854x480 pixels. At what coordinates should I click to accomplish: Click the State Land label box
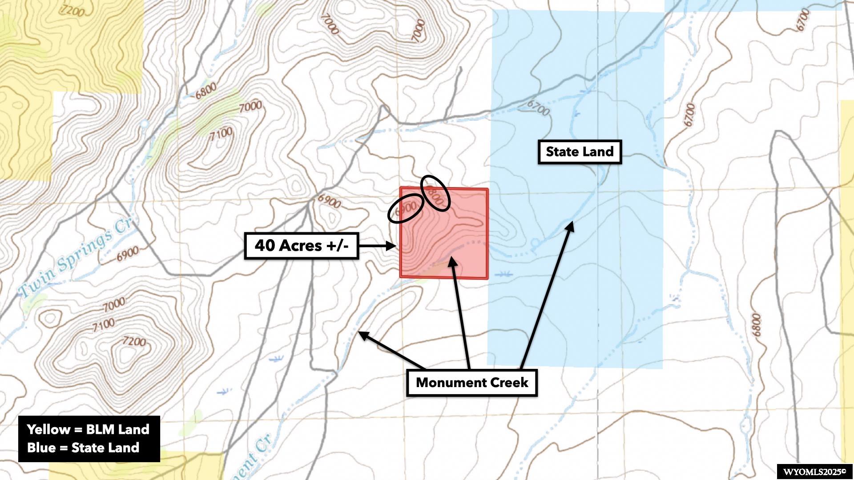click(580, 152)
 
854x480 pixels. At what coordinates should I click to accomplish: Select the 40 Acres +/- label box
click(302, 245)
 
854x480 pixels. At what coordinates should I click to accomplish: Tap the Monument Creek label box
click(472, 383)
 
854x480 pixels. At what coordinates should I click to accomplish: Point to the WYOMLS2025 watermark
click(814, 472)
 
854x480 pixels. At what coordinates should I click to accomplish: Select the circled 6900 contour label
click(405, 208)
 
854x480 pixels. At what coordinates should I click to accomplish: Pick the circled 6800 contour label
click(435, 193)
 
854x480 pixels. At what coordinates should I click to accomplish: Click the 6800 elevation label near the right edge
click(756, 325)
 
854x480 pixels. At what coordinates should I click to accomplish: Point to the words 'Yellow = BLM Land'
click(88, 429)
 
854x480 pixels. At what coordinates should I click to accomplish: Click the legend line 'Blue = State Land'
click(83, 448)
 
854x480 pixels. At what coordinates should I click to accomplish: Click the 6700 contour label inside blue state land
click(539, 108)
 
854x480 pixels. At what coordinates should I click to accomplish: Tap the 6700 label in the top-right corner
click(803, 20)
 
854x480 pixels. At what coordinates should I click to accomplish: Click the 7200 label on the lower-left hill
click(134, 341)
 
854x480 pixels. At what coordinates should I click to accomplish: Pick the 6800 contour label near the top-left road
click(205, 91)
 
